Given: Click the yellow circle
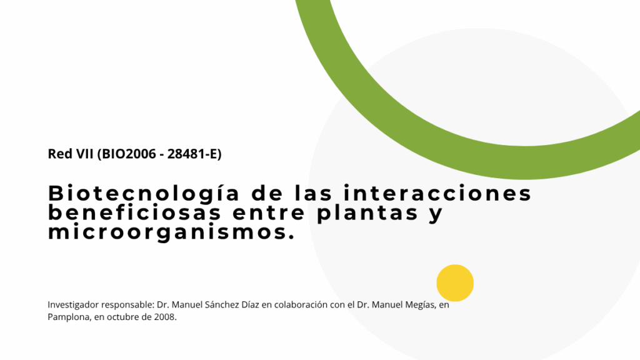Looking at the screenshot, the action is (455, 283).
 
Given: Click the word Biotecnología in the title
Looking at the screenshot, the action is (144, 194).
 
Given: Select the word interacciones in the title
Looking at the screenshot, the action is (437, 193).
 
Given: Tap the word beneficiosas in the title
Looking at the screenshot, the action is (135, 212).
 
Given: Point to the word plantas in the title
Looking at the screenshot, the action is (367, 213).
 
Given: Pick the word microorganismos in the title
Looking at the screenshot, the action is (171, 232).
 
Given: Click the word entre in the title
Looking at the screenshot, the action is (269, 213).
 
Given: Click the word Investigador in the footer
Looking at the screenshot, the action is (73, 305).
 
